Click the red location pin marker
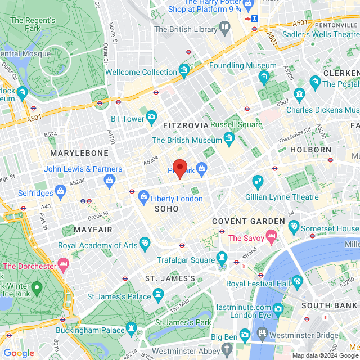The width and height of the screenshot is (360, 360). click(179, 168)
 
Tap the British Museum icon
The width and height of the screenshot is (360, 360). click(229, 138)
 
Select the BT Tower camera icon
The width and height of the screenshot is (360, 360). click(151, 117)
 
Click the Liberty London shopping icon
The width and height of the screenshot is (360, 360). click(143, 196)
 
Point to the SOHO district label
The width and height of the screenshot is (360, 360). click(162, 209)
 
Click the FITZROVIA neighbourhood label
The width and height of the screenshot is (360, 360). click(186, 125)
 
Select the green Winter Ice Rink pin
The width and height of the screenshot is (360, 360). click(37, 289)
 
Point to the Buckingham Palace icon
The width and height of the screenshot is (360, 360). click(132, 327)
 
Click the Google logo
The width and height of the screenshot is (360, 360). click(19, 353)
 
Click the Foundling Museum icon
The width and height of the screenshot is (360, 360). click(264, 76)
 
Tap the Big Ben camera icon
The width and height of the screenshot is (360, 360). click(244, 336)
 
